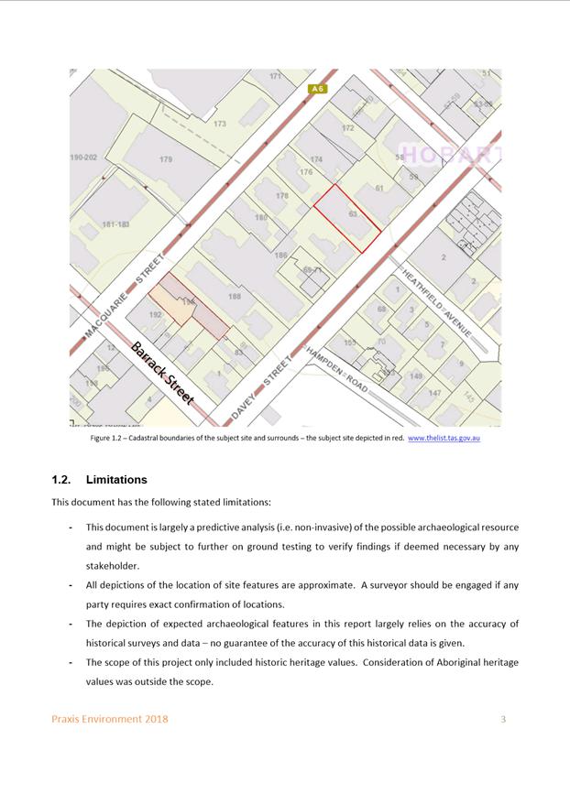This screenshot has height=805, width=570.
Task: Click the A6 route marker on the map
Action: pos(317,89)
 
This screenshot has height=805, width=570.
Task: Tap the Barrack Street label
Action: pos(162,374)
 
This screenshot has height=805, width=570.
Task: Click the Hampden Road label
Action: pos(337,370)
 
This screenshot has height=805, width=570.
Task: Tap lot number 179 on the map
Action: pos(166,159)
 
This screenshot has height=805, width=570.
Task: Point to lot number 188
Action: pos(235,296)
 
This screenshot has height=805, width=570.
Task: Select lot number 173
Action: pos(220,124)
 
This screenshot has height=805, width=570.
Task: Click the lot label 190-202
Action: pos(82,158)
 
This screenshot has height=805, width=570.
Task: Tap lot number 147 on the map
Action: pos(434,393)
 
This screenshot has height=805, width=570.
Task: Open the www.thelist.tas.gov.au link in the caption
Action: pos(444,439)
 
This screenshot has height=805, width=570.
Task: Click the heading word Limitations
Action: pos(116,479)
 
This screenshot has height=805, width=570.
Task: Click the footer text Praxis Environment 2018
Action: pos(109,719)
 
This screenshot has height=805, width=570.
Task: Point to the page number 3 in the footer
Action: pos(503,719)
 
